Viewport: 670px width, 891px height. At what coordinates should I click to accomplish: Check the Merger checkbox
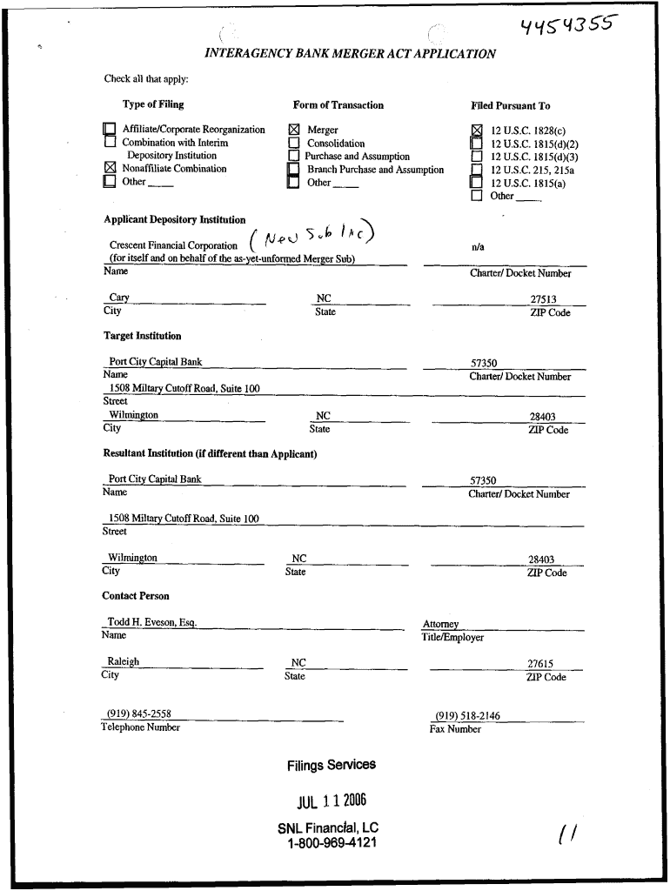[x=293, y=131]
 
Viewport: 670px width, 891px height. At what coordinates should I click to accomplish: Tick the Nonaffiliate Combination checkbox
[x=110, y=169]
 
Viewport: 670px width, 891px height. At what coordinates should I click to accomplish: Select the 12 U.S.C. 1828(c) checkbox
[x=476, y=131]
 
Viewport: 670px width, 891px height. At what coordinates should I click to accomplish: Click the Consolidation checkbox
[x=293, y=144]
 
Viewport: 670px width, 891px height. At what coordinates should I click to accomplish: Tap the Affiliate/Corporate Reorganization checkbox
[x=110, y=131]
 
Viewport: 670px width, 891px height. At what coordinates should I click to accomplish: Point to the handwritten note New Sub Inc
[x=312, y=232]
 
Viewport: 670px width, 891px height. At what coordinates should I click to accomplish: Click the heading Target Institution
[x=143, y=336]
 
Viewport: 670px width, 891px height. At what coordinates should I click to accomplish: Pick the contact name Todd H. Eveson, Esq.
[x=152, y=622]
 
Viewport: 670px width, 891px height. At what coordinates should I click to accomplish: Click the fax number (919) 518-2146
[x=467, y=716]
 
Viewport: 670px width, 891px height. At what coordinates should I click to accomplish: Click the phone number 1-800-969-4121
[x=332, y=843]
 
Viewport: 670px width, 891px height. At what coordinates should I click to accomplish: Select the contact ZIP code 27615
[x=540, y=664]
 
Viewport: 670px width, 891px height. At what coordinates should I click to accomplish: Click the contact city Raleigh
[x=123, y=661]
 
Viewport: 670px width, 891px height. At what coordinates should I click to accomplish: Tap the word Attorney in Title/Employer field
[x=440, y=624]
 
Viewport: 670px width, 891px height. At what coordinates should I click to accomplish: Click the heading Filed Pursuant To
[x=511, y=106]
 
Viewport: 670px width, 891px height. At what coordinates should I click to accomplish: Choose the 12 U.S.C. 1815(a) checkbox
[x=476, y=183]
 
